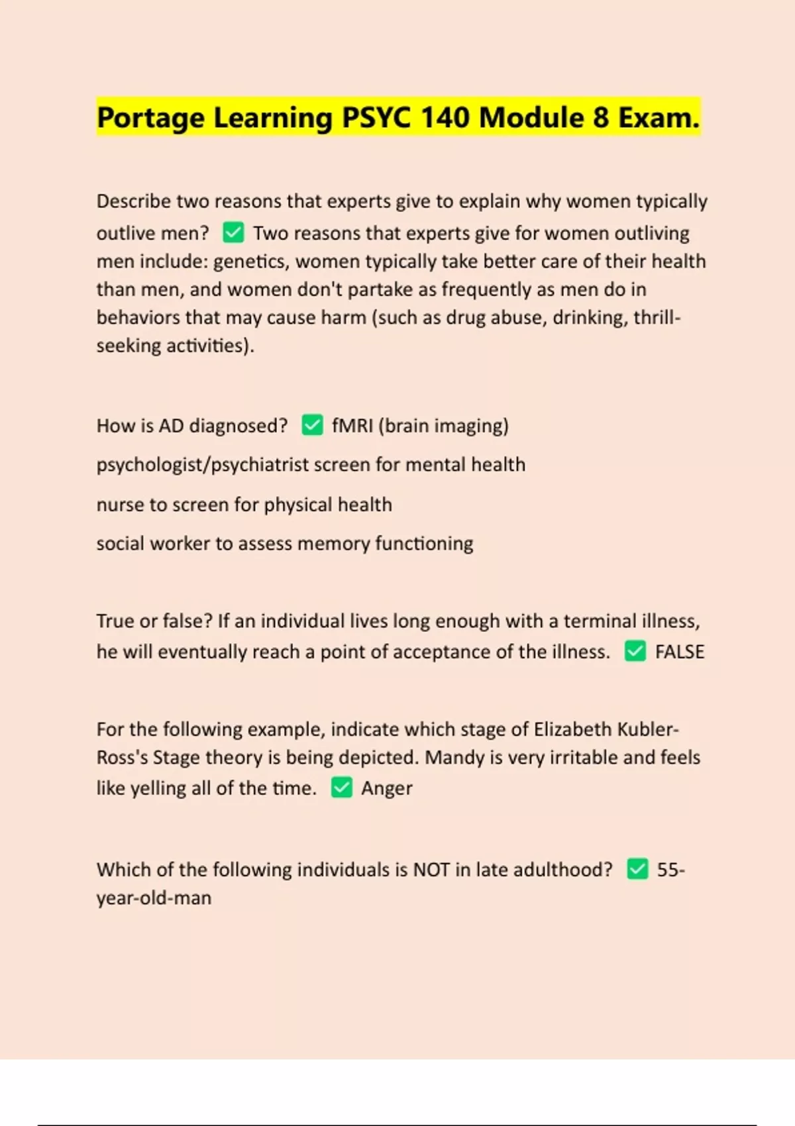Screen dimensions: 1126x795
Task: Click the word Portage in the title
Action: click(x=150, y=118)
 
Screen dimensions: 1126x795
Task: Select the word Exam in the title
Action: click(x=659, y=118)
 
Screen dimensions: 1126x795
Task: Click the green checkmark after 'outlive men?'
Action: click(x=233, y=232)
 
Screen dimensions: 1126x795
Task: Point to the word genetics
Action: click(x=250, y=262)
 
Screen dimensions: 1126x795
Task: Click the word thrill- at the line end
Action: click(x=657, y=317)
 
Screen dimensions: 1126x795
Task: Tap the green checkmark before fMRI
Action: click(x=312, y=425)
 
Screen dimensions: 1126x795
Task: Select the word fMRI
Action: click(x=352, y=425)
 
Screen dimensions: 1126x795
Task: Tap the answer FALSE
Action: click(x=679, y=652)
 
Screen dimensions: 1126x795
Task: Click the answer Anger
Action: click(x=386, y=788)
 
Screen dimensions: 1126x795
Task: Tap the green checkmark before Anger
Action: click(x=341, y=788)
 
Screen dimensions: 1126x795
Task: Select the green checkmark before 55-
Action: click(x=637, y=869)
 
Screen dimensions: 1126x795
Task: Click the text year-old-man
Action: click(x=154, y=898)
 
